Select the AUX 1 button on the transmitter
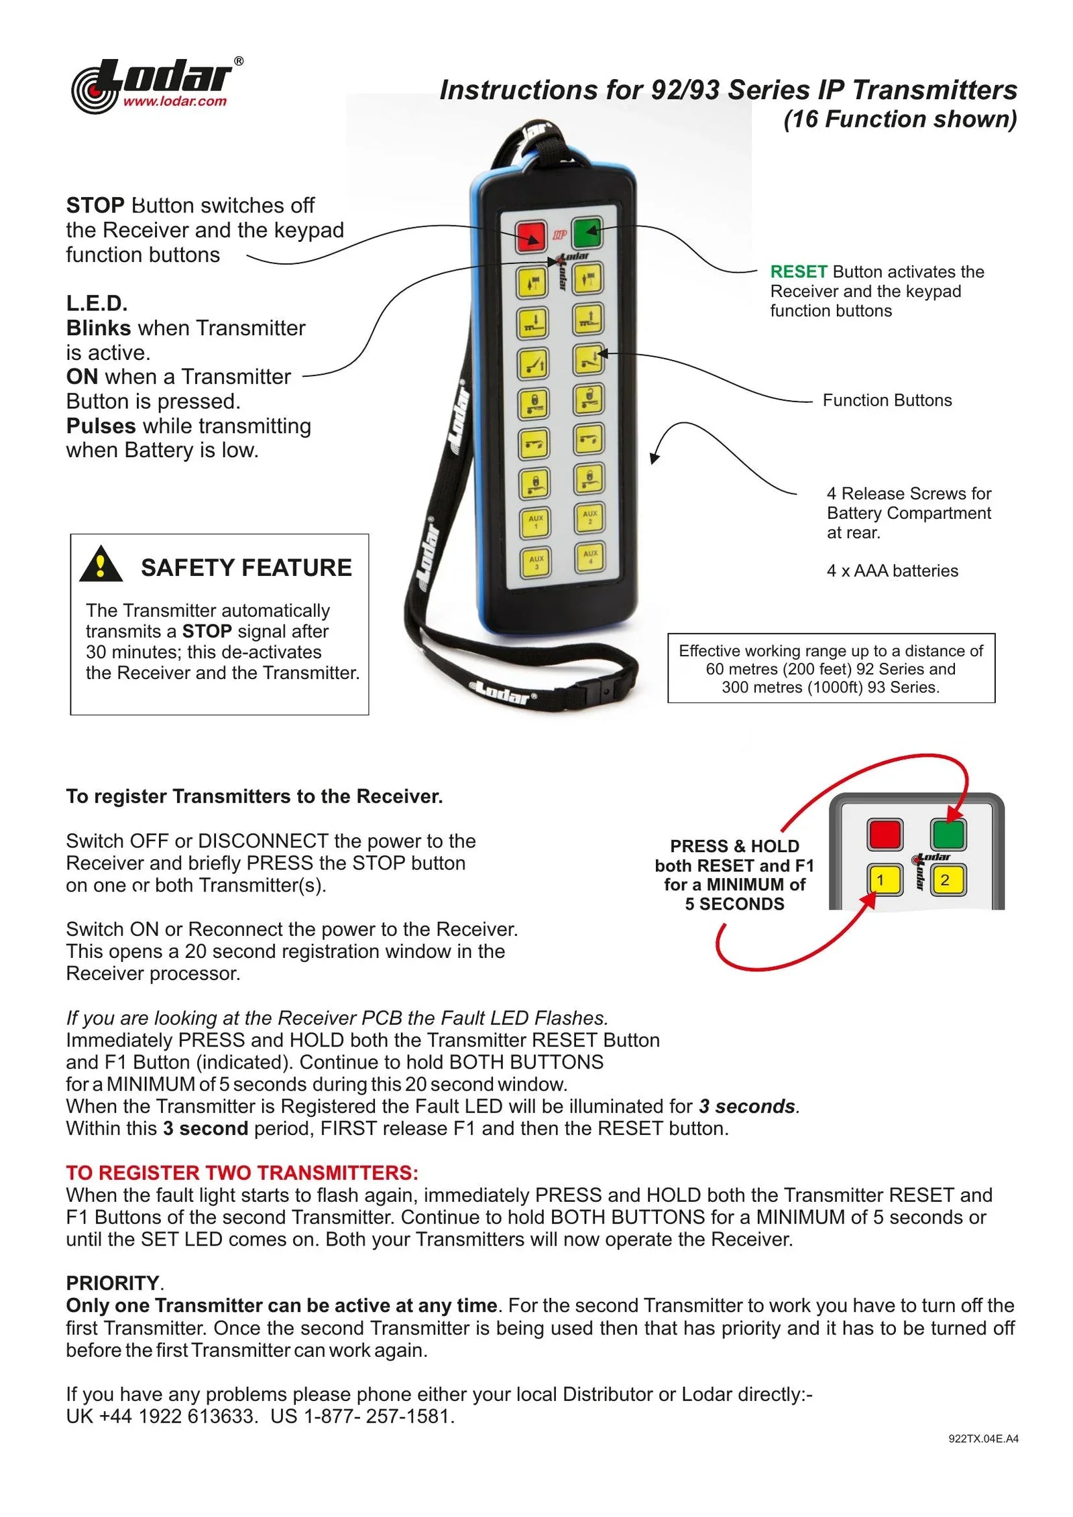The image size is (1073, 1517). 535,522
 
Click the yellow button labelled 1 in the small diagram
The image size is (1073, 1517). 883,880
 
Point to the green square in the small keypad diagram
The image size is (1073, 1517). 948,834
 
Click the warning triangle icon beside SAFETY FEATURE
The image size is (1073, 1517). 101,564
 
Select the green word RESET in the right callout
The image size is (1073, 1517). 798,271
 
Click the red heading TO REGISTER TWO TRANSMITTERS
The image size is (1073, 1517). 241,1172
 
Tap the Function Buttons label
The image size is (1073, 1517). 887,400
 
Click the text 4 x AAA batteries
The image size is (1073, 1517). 892,570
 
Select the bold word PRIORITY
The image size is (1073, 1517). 113,1283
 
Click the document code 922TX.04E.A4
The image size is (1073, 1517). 983,1439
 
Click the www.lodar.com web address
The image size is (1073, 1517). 174,102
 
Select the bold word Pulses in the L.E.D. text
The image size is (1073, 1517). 101,426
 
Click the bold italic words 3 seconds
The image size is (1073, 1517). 746,1106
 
